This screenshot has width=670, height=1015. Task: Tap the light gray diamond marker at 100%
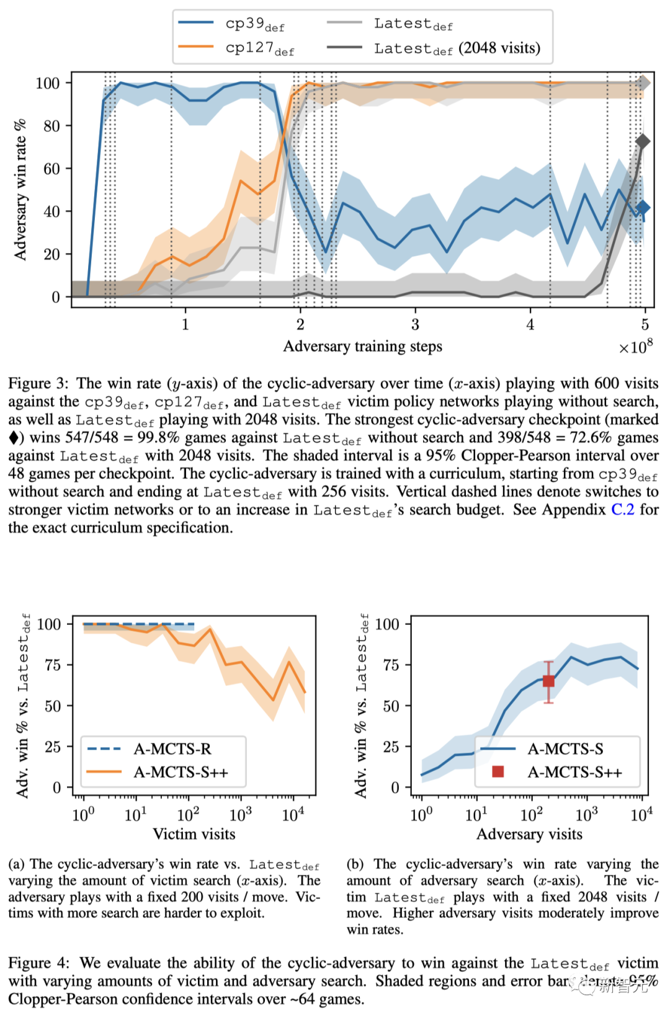point(644,82)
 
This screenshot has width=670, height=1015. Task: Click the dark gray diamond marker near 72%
point(643,142)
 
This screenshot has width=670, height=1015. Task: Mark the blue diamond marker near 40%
point(643,208)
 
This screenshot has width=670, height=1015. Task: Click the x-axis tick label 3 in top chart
point(415,324)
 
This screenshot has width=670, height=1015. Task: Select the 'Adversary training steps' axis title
point(362,347)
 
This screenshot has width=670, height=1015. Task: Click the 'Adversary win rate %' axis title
point(20,190)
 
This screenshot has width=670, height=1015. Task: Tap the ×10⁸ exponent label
point(636,347)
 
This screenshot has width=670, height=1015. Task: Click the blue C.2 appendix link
point(622,510)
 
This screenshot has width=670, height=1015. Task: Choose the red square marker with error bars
point(548,681)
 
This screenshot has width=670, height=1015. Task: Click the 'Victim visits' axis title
point(194,834)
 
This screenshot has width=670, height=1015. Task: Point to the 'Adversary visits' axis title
point(529,834)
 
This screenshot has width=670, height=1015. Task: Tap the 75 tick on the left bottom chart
point(53,665)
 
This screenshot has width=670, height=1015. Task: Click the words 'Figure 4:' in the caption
point(38,963)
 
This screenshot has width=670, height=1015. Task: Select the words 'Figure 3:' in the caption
point(38,384)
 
